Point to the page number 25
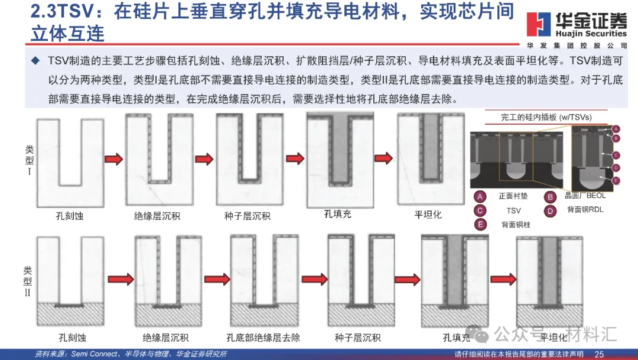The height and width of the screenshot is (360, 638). [x=599, y=354]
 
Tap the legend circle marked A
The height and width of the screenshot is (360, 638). [x=481, y=196]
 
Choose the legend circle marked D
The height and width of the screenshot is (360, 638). [x=551, y=210]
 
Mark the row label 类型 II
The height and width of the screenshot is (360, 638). [x=27, y=281]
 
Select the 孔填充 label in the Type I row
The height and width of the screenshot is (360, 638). [x=337, y=213]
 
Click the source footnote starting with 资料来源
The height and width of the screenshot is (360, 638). [x=131, y=354]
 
